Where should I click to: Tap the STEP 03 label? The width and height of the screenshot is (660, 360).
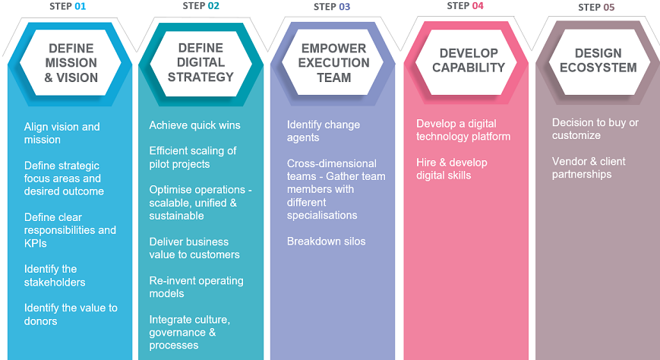[332, 7]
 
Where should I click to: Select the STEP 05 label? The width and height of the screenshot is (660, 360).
[596, 7]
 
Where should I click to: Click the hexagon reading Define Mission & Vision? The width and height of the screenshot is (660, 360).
[71, 62]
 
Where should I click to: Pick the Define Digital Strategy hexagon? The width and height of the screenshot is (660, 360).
[201, 62]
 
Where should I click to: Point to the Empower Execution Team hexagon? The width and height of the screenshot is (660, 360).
[333, 62]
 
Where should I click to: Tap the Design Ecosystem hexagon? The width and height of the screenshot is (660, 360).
[595, 60]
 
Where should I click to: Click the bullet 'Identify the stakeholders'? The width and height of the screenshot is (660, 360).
[55, 276]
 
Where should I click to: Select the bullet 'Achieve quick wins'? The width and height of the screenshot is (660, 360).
[194, 125]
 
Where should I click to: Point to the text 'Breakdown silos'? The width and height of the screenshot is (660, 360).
[326, 242]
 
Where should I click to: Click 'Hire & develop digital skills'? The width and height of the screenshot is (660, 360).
[452, 169]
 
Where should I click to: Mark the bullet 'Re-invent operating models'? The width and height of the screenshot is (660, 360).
[196, 287]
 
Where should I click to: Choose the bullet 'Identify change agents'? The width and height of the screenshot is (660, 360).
[324, 131]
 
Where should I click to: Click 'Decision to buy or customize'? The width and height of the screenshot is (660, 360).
[595, 129]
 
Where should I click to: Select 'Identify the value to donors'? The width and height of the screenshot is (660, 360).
[71, 314]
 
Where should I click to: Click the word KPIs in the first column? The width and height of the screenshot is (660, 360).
[36, 243]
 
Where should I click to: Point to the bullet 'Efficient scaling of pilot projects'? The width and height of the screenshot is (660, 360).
[193, 157]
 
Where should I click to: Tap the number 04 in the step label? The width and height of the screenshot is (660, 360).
[477, 6]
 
